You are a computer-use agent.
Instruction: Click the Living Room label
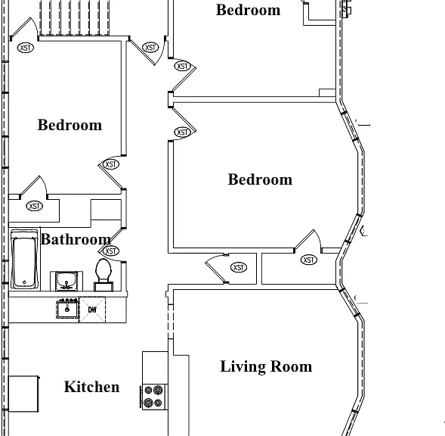pyautogui.click(x=266, y=366)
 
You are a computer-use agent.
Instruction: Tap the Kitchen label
pyautogui.click(x=91, y=387)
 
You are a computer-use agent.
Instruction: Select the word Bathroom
pyautogui.click(x=76, y=239)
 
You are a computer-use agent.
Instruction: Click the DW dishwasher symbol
pyautogui.click(x=92, y=310)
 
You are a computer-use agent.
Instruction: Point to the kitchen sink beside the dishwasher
pyautogui.click(x=67, y=309)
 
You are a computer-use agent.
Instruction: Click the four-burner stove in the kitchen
pyautogui.click(x=153, y=397)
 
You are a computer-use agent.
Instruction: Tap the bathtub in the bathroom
pyautogui.click(x=24, y=259)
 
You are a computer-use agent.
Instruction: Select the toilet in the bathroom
pyautogui.click(x=104, y=275)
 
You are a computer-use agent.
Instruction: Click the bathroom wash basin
pyautogui.click(x=66, y=281)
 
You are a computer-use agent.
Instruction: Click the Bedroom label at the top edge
pyautogui.click(x=249, y=10)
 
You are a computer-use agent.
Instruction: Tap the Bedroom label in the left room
pyautogui.click(x=70, y=125)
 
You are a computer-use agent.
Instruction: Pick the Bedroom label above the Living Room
pyautogui.click(x=260, y=179)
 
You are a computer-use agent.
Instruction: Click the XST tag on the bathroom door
pyautogui.click(x=110, y=251)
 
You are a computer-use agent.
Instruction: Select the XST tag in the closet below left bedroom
pyautogui.click(x=34, y=206)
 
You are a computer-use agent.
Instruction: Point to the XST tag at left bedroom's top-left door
pyautogui.click(x=26, y=48)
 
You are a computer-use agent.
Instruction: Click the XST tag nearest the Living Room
pyautogui.click(x=239, y=267)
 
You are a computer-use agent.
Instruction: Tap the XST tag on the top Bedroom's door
pyautogui.click(x=182, y=67)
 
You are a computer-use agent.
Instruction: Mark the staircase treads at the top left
pyautogui.click(x=74, y=17)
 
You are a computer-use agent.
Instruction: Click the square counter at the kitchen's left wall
pyautogui.click(x=23, y=394)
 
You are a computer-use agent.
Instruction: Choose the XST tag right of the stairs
pyautogui.click(x=150, y=48)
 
